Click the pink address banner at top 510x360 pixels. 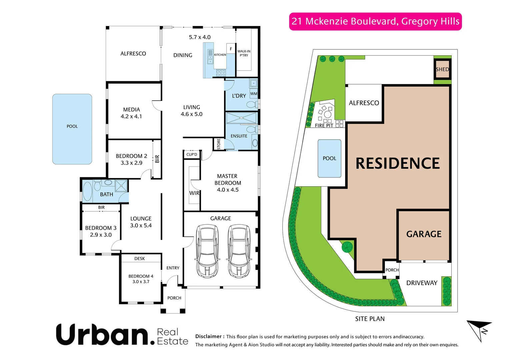coord(375,21)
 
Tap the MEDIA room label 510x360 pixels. coord(131,110)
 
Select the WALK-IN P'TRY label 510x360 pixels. coord(244,53)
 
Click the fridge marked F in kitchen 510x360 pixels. coord(231,49)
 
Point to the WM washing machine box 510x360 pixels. coord(254,94)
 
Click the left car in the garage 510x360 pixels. coord(207,251)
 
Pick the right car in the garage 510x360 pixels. coord(239,251)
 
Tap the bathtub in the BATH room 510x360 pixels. coord(87,191)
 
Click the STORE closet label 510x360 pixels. coord(219,144)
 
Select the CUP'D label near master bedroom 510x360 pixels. coord(192,154)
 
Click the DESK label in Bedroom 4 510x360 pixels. coord(139,259)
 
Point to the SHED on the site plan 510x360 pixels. coord(442,69)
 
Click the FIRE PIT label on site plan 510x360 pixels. coord(324,126)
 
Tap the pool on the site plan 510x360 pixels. coord(330,158)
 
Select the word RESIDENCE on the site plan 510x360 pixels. coord(398,163)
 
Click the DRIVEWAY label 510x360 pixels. coord(422,283)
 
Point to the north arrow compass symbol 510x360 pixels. coord(480,330)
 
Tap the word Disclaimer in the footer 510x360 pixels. coord(208,337)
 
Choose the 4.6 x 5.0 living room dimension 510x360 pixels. coord(191,114)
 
